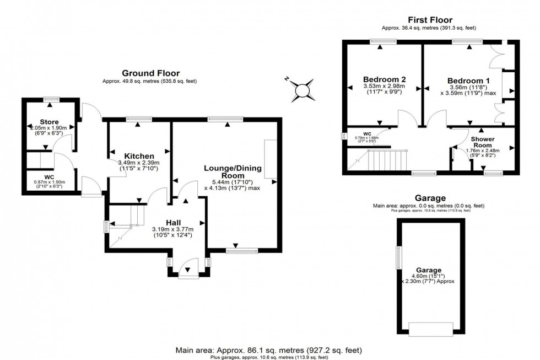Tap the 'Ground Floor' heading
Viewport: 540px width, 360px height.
150,73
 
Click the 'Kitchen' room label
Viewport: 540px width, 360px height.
138,155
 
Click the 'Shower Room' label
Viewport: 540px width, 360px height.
483,142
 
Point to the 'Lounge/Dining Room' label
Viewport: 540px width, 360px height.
232,171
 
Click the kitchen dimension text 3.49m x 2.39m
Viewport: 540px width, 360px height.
138,163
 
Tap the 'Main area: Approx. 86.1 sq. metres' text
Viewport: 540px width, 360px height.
269,350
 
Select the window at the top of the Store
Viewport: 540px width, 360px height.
51,99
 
